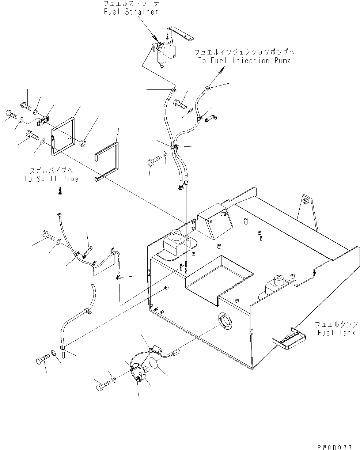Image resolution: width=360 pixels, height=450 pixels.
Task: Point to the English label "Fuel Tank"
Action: pos(336,333)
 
